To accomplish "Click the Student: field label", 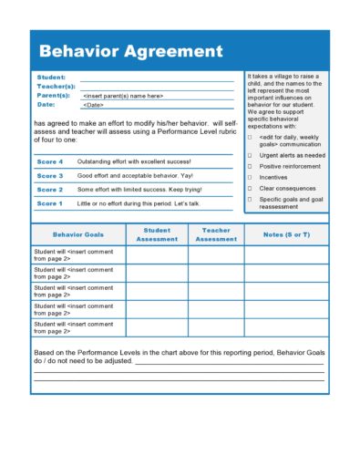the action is (x=50, y=78).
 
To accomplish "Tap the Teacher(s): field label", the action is (x=56, y=86).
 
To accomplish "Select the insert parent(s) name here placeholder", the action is (x=123, y=95).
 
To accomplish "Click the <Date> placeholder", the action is (x=94, y=104).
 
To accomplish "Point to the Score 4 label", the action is (x=49, y=161).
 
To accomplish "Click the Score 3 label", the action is (x=49, y=175).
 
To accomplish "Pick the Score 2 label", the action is (x=49, y=189).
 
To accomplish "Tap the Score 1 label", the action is (x=49, y=203).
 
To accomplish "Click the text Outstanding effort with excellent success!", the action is (x=134, y=161).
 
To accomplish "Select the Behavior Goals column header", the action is (x=77, y=234).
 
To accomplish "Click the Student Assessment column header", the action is (x=157, y=234).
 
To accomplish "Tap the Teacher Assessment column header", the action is (x=216, y=234).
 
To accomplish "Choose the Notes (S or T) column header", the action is (x=285, y=234).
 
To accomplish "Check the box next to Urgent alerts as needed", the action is (x=250, y=156).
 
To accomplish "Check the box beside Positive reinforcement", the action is (x=250, y=167).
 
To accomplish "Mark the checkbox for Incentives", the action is (x=250, y=178).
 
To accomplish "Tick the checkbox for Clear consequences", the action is (x=250, y=189).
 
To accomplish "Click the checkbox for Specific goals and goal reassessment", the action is (x=250, y=199).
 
